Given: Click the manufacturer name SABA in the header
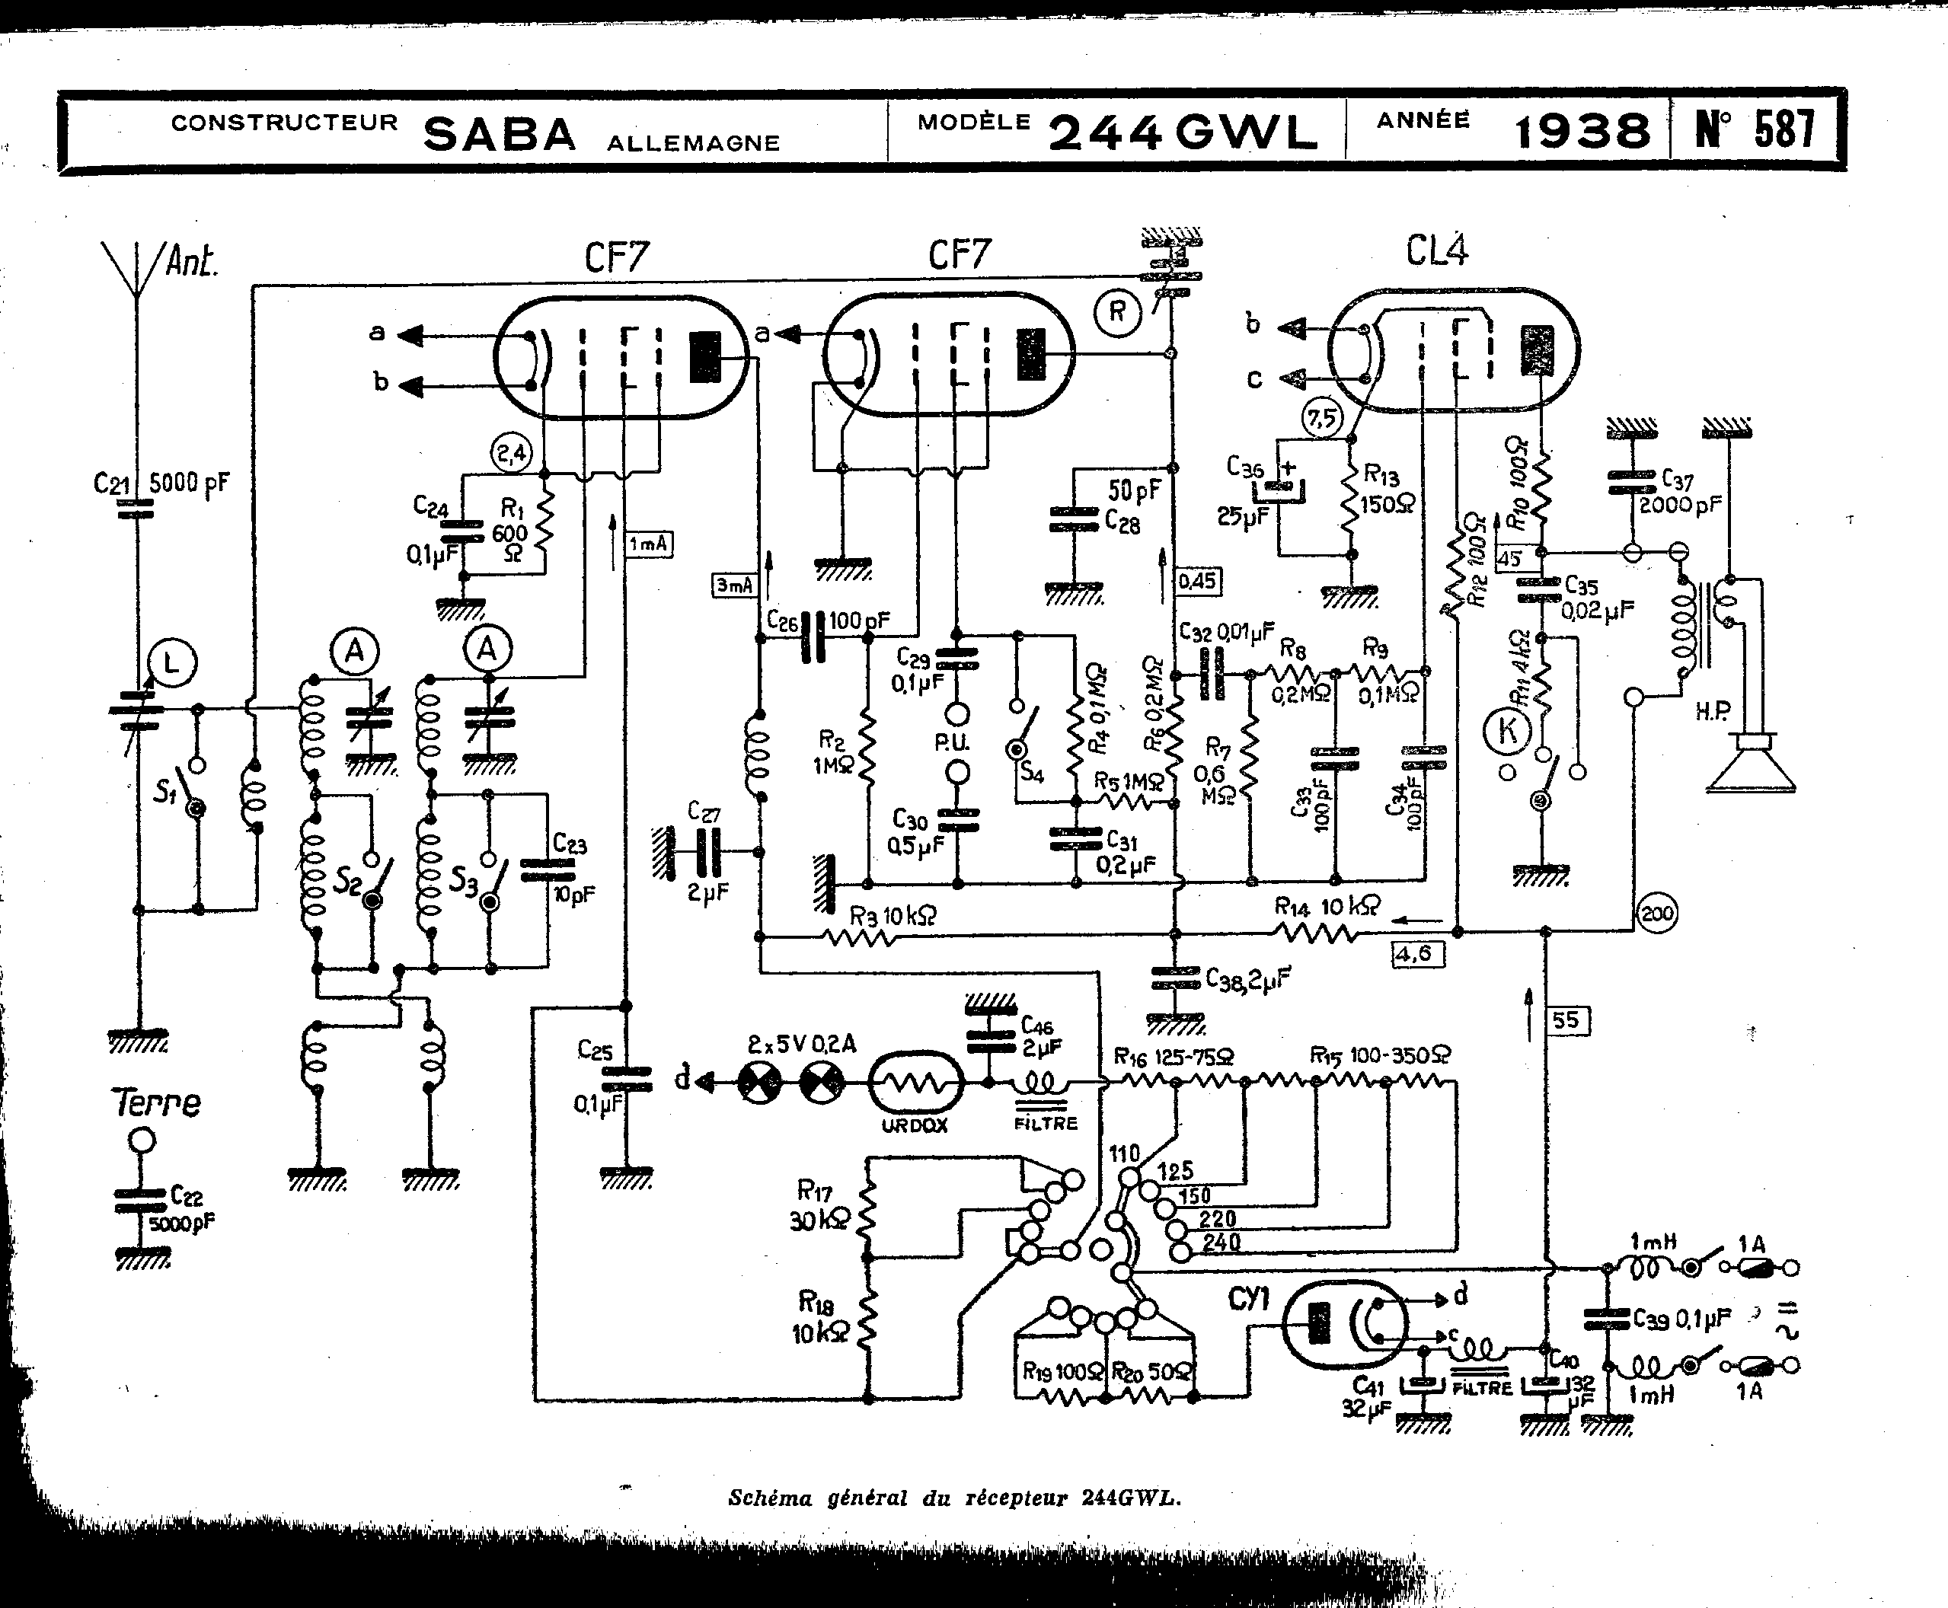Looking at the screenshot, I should click(500, 134).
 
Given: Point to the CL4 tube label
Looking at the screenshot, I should click(1437, 250).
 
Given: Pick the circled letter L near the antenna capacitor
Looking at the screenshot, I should click(171, 663).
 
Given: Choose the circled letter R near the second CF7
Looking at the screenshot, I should click(1117, 312).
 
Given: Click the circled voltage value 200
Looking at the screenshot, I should click(1656, 914).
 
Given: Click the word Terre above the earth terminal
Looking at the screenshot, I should click(155, 1102).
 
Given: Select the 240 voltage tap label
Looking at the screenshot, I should click(1221, 1242).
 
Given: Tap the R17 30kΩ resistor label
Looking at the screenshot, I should click(817, 1205).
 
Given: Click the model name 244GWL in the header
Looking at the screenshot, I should click(1183, 132).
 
